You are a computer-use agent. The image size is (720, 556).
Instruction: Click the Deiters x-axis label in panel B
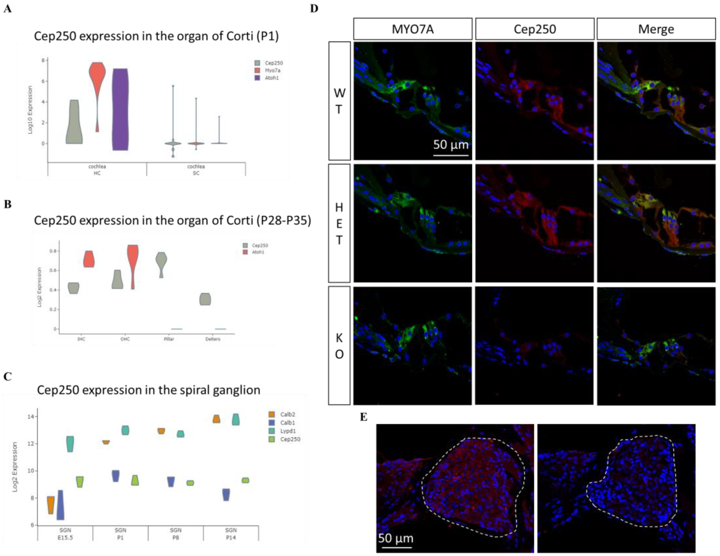(x=213, y=339)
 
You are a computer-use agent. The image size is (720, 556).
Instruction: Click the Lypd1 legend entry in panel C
(x=287, y=431)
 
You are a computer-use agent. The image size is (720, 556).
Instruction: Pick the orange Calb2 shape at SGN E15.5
(x=51, y=505)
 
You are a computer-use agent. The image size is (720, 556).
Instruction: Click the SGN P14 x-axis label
(x=231, y=534)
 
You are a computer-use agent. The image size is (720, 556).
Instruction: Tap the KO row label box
(x=339, y=345)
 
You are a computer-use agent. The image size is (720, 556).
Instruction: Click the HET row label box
(x=339, y=223)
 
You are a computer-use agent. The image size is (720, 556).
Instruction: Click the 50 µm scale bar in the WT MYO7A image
(x=450, y=154)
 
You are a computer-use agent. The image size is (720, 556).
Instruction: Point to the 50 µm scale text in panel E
(x=395, y=538)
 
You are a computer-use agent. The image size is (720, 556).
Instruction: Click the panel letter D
(x=314, y=8)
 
